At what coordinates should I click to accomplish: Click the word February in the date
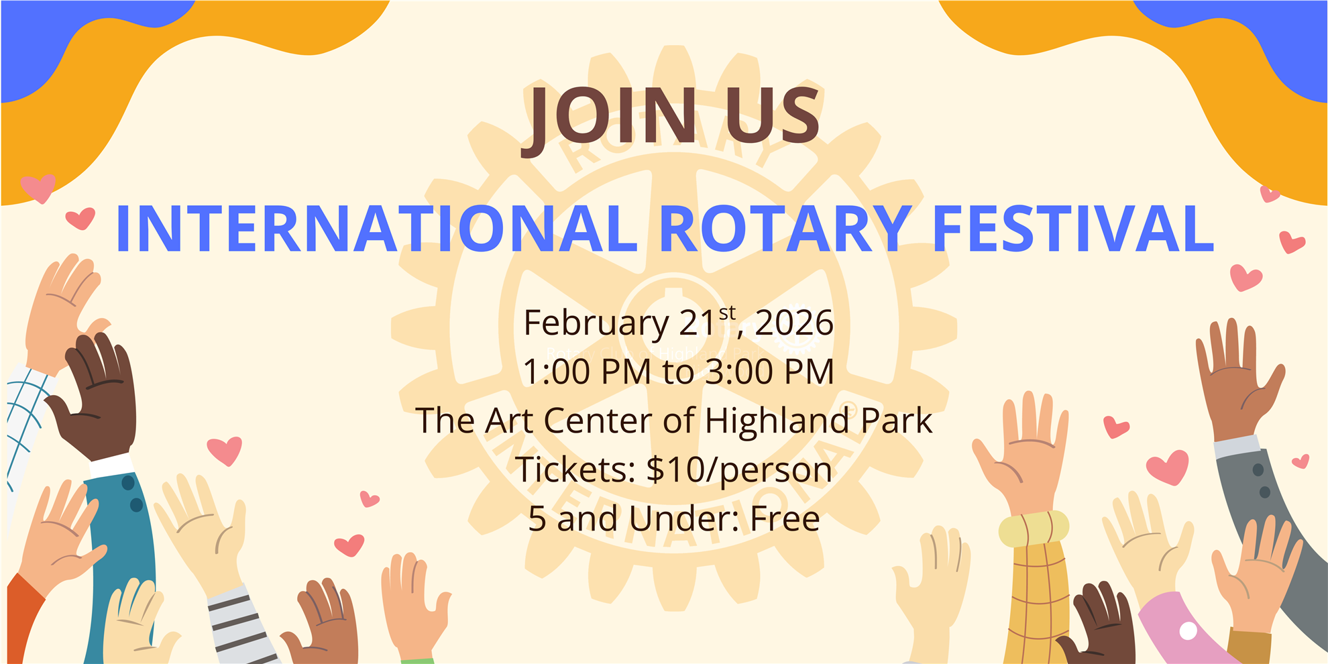[596, 323]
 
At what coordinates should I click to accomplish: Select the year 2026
[794, 323]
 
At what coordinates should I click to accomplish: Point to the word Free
[785, 518]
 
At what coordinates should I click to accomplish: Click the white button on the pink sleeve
[1188, 630]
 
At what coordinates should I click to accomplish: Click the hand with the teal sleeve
[60, 537]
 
